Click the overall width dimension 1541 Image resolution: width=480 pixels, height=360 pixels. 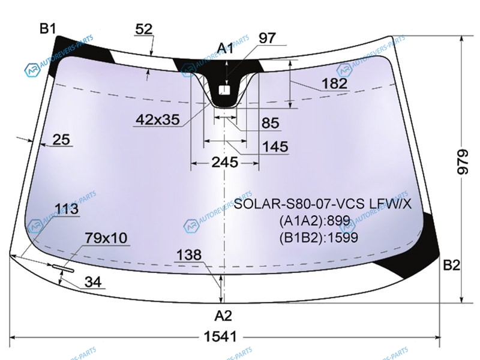click(x=220, y=337)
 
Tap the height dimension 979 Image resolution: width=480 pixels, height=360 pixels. click(x=462, y=161)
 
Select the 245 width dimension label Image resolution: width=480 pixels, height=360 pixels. click(x=224, y=162)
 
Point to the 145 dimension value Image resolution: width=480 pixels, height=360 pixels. click(x=275, y=146)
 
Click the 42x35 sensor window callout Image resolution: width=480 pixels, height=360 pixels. click(x=158, y=119)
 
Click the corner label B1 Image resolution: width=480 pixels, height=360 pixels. click(x=48, y=29)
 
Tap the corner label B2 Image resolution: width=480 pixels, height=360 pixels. click(x=452, y=265)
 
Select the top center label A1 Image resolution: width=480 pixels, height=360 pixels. click(x=226, y=49)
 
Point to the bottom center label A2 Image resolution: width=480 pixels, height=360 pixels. click(x=223, y=316)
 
